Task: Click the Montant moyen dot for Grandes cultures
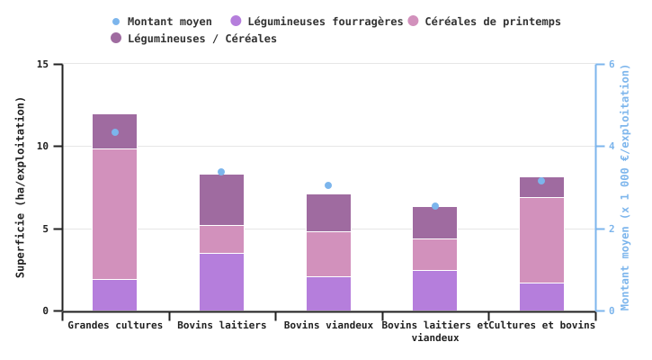115,132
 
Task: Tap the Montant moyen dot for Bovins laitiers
221,172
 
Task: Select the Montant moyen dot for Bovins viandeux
328,185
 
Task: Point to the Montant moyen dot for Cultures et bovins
541,181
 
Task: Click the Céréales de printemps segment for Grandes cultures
115,214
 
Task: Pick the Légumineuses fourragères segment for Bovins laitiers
221,282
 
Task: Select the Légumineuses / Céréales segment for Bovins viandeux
328,212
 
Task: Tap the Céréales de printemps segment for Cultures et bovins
541,240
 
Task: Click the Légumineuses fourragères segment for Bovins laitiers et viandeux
435,291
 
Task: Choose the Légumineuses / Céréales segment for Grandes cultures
115,131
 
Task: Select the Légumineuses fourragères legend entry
325,22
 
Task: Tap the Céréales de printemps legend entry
492,22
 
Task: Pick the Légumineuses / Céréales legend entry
201,39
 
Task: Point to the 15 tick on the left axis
43,65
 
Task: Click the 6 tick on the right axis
612,65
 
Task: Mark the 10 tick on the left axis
43,147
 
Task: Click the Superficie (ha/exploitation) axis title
20,187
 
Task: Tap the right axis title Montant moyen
626,187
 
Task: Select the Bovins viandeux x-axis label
328,325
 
